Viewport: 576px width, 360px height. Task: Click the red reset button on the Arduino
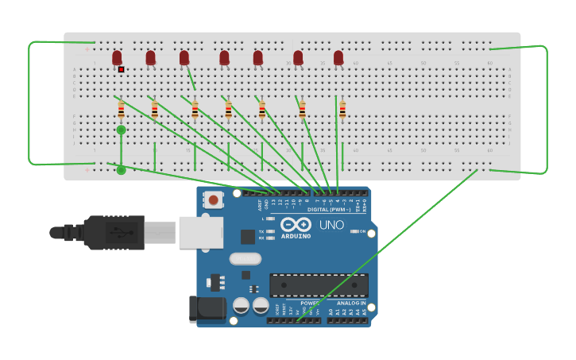212,200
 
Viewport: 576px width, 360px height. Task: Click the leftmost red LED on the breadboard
117,57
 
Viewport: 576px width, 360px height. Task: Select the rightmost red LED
338,57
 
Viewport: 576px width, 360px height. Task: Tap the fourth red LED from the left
224,57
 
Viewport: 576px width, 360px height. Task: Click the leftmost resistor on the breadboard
121,110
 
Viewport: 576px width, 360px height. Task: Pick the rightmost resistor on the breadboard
342,110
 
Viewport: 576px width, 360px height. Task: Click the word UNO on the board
331,225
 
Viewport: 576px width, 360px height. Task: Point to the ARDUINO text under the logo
295,236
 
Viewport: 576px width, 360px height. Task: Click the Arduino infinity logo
295,224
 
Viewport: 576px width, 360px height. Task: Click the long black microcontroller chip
319,285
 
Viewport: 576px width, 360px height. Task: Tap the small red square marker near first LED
121,69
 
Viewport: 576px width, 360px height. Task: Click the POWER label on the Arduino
310,303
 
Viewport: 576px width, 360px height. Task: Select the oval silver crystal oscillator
245,258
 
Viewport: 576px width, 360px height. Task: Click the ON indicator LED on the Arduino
354,231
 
